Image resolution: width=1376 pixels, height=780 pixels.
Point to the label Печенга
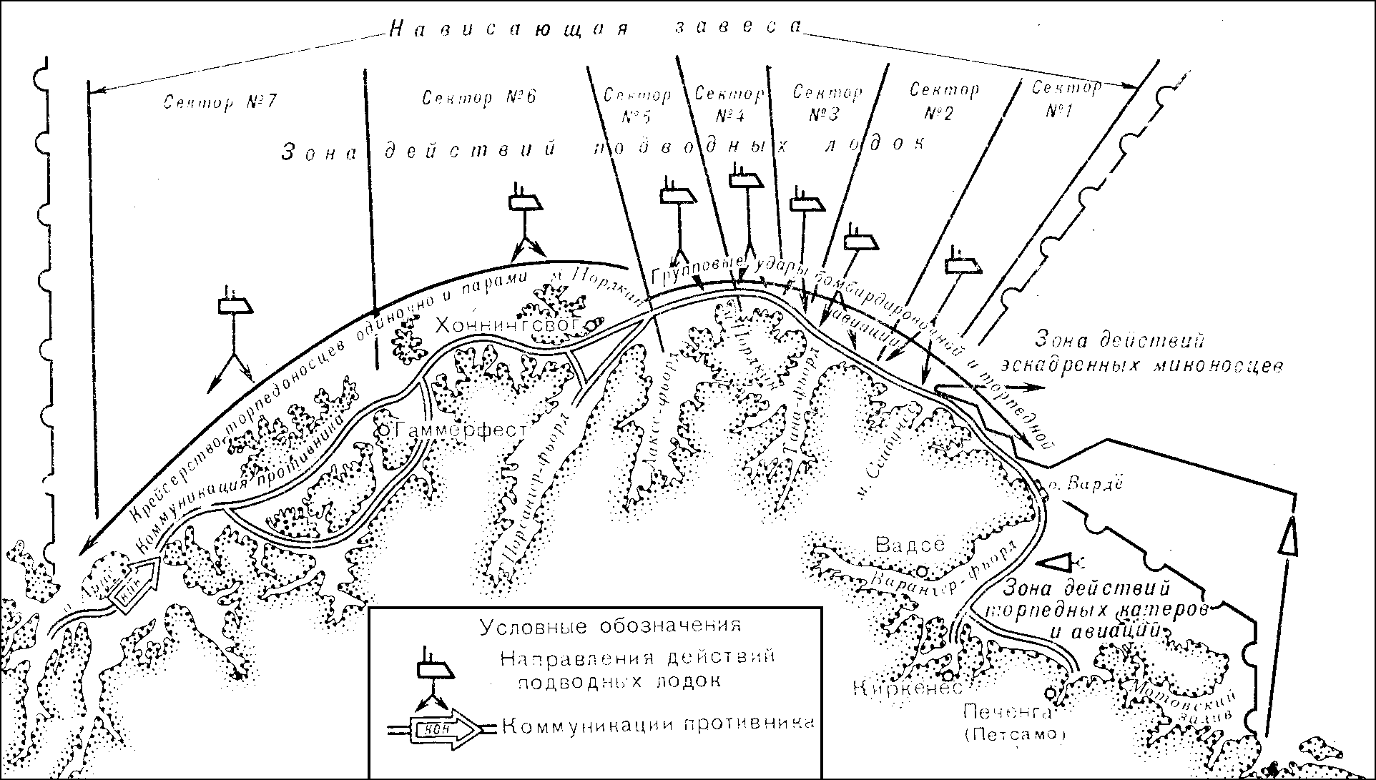(1007, 712)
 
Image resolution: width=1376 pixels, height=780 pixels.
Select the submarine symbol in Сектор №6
(526, 202)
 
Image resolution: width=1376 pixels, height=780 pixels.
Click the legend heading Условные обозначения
(609, 627)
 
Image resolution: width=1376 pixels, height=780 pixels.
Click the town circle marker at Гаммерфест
(384, 430)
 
